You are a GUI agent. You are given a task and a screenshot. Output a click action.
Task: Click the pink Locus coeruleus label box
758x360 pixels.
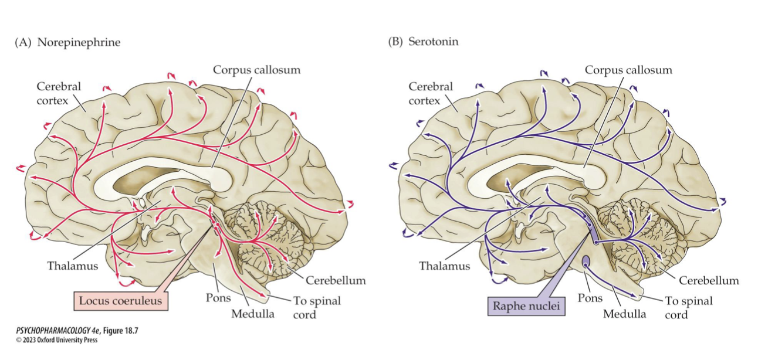121,301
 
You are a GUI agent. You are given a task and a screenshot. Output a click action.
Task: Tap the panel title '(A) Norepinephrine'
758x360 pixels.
67,42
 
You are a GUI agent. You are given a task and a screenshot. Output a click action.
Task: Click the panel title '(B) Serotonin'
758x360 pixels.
422,42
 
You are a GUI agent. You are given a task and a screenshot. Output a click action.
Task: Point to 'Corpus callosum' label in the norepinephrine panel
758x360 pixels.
256,70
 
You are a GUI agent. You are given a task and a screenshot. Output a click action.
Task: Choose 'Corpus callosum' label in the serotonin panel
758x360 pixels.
628,70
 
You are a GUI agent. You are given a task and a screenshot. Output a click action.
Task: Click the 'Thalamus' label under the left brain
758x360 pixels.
72,266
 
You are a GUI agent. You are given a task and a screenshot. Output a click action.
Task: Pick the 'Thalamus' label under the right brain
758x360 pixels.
444,266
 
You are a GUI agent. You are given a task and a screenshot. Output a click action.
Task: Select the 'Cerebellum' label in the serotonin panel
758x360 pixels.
709,280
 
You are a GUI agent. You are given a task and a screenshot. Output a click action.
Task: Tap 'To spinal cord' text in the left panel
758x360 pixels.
316,307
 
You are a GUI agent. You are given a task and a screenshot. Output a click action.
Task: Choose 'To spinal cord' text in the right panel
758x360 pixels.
688,307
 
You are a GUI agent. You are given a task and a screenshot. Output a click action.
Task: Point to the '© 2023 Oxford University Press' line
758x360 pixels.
56,340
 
